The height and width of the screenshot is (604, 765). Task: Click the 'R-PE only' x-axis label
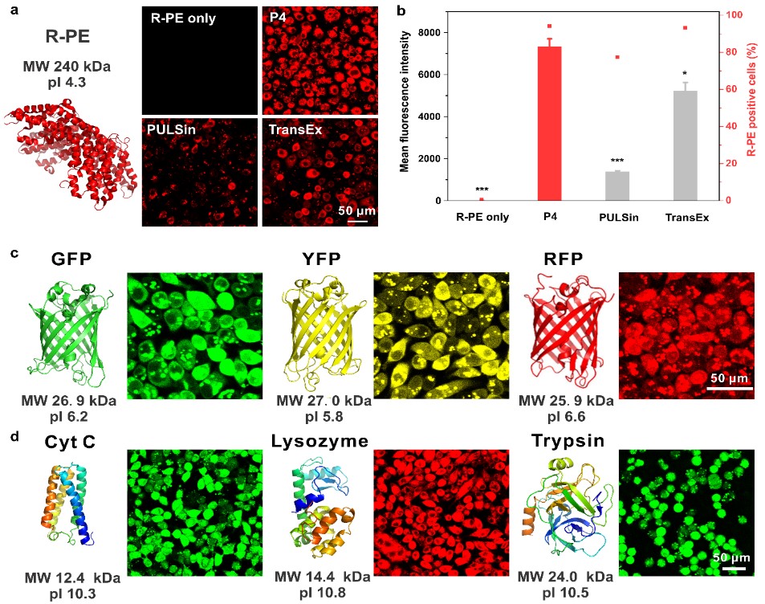[x=482, y=215]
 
